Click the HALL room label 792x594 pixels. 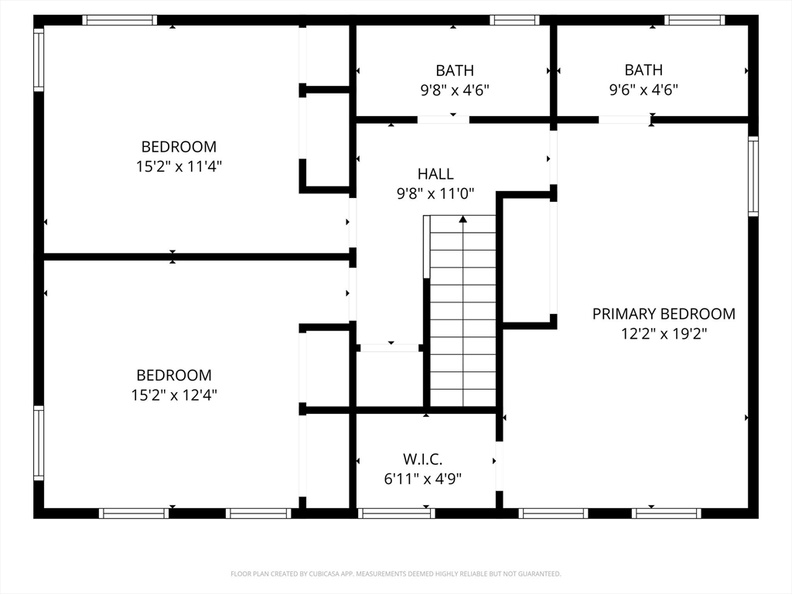pos(435,174)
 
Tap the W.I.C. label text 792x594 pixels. pos(423,459)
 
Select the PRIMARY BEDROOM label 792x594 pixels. pos(664,314)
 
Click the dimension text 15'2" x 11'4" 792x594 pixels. pos(179,166)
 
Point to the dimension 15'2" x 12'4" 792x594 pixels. pos(174,394)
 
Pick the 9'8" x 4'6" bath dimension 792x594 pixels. pos(455,90)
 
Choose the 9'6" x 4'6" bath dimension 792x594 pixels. pos(643,90)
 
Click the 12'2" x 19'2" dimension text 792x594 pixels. pos(664,333)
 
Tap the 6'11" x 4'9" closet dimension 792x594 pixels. pos(423,478)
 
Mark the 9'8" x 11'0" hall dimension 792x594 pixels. pos(435,193)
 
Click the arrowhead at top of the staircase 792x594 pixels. pos(463,219)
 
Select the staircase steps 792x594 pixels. pos(463,311)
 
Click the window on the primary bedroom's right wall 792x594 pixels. pos(753,176)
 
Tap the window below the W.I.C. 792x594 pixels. pos(397,514)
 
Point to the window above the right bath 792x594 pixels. pos(695,20)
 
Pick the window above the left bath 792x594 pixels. pos(514,20)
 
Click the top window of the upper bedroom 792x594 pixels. pos(120,20)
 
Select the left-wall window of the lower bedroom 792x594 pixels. pos(39,442)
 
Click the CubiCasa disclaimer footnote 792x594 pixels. pos(396,574)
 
